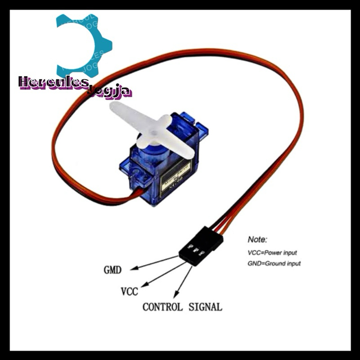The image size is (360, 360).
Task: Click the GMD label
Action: (112, 270)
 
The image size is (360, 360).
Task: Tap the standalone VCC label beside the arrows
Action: (130, 291)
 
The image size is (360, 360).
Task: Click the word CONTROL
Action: (162, 307)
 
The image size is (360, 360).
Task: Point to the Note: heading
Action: (257, 239)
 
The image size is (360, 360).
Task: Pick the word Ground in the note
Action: (276, 263)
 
